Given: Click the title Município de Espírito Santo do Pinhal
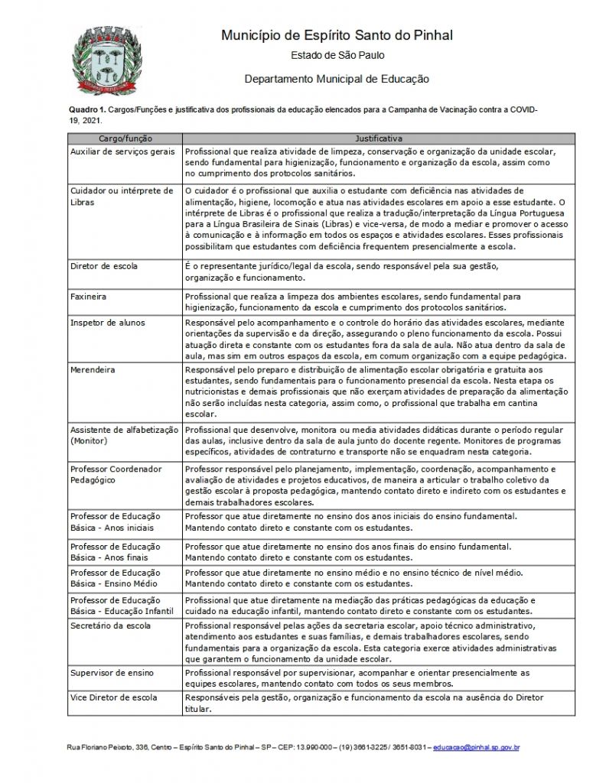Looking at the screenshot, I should (x=336, y=35).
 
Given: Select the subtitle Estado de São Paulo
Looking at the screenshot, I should (x=337, y=55).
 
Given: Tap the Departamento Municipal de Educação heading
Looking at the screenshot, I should (x=337, y=79).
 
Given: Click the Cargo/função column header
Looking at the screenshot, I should (x=125, y=138).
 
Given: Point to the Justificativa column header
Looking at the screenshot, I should (x=379, y=138).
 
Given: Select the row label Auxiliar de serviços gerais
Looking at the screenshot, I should (x=122, y=151).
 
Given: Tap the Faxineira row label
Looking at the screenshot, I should (x=88, y=294).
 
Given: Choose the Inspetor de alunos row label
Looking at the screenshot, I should (x=107, y=323).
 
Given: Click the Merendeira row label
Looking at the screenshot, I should (x=93, y=369).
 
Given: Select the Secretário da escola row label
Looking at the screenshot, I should (x=110, y=625).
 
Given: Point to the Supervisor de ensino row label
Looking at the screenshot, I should (x=112, y=672).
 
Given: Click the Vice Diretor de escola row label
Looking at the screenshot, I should (x=114, y=697).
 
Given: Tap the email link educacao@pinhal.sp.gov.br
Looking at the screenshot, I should (x=476, y=747).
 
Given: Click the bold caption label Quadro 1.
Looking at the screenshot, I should (x=85, y=110).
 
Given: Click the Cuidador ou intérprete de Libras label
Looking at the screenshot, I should (x=122, y=197).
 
